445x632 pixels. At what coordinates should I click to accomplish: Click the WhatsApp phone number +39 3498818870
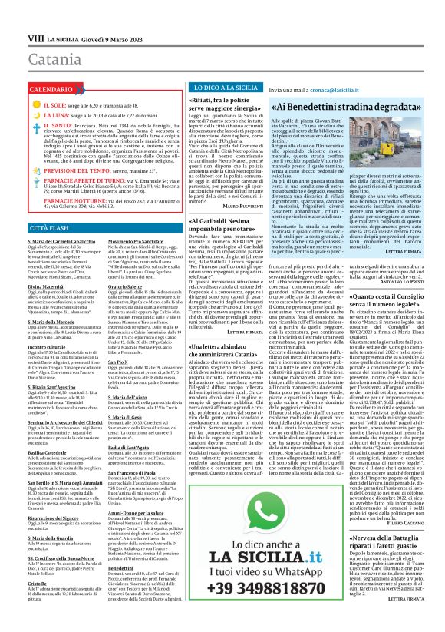pos(248,611)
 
